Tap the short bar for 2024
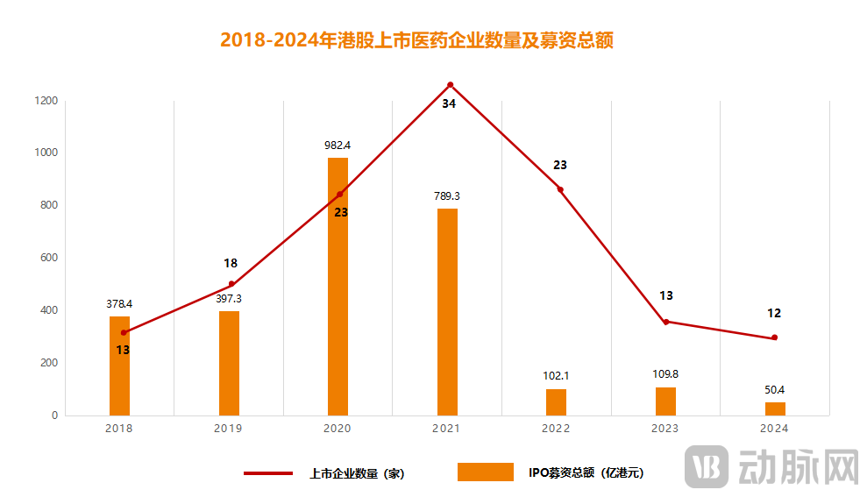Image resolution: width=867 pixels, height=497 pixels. tap(775, 408)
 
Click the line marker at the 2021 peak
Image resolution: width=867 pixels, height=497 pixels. tap(451, 85)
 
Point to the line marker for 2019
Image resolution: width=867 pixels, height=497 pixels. tap(231, 284)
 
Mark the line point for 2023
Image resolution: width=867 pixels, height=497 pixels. tap(666, 322)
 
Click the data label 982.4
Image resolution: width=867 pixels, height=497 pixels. tap(338, 146)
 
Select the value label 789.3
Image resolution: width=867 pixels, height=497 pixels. tap(447, 196)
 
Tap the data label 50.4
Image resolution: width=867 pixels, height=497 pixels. tap(775, 390)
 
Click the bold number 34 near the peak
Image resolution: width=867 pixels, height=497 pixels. tap(449, 103)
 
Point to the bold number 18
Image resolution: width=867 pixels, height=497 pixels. tap(231, 263)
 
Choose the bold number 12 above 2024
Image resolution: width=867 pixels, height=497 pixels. tap(773, 313)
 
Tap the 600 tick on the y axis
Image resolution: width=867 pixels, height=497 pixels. tap(48, 258)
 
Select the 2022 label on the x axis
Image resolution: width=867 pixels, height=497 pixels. tap(556, 429)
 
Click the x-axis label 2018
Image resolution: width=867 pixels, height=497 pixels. tap(118, 429)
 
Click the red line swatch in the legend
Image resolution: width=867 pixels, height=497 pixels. tap(268, 473)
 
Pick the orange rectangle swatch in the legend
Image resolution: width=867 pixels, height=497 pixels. tap(485, 472)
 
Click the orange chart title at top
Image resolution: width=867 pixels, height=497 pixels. tap(416, 40)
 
